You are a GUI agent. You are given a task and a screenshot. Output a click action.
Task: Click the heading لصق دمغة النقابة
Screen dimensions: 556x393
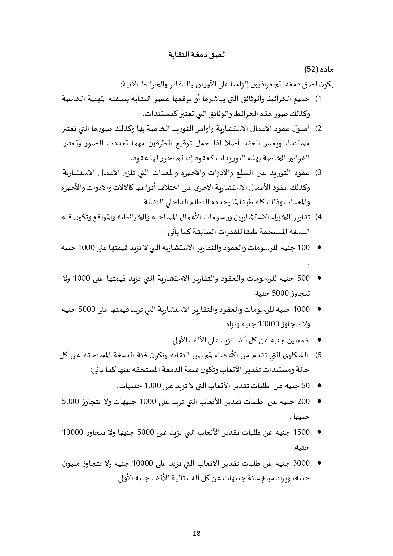(x=196, y=54)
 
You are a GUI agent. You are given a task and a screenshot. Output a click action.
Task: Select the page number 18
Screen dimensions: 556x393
(x=196, y=533)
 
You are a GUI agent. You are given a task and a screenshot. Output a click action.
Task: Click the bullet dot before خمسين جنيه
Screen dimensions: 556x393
(x=319, y=340)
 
